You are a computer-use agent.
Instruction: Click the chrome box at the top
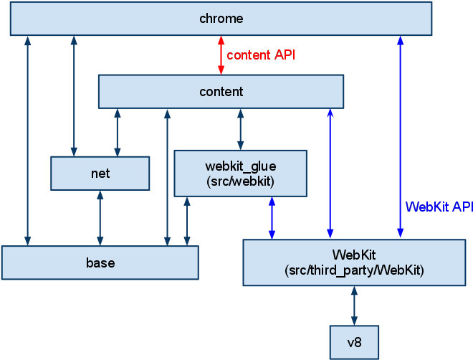coord(221,19)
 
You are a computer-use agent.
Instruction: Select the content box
coord(221,92)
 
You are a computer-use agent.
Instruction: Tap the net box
coord(100,174)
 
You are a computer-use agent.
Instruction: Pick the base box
coord(100,262)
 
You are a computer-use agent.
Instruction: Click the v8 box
coord(353,343)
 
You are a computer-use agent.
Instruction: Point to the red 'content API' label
coord(261,55)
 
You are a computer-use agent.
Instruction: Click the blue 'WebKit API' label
coord(438,207)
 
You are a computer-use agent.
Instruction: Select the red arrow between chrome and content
coord(221,55)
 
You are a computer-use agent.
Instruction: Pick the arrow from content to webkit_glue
coord(240,129)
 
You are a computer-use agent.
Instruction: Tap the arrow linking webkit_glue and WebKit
coord(272,218)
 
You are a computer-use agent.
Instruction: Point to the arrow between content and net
coord(118,133)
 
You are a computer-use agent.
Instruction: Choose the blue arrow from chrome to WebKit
coord(400,136)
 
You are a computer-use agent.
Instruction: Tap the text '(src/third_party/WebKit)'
coord(354,270)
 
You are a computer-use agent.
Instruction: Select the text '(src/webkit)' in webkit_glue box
coord(240,181)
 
